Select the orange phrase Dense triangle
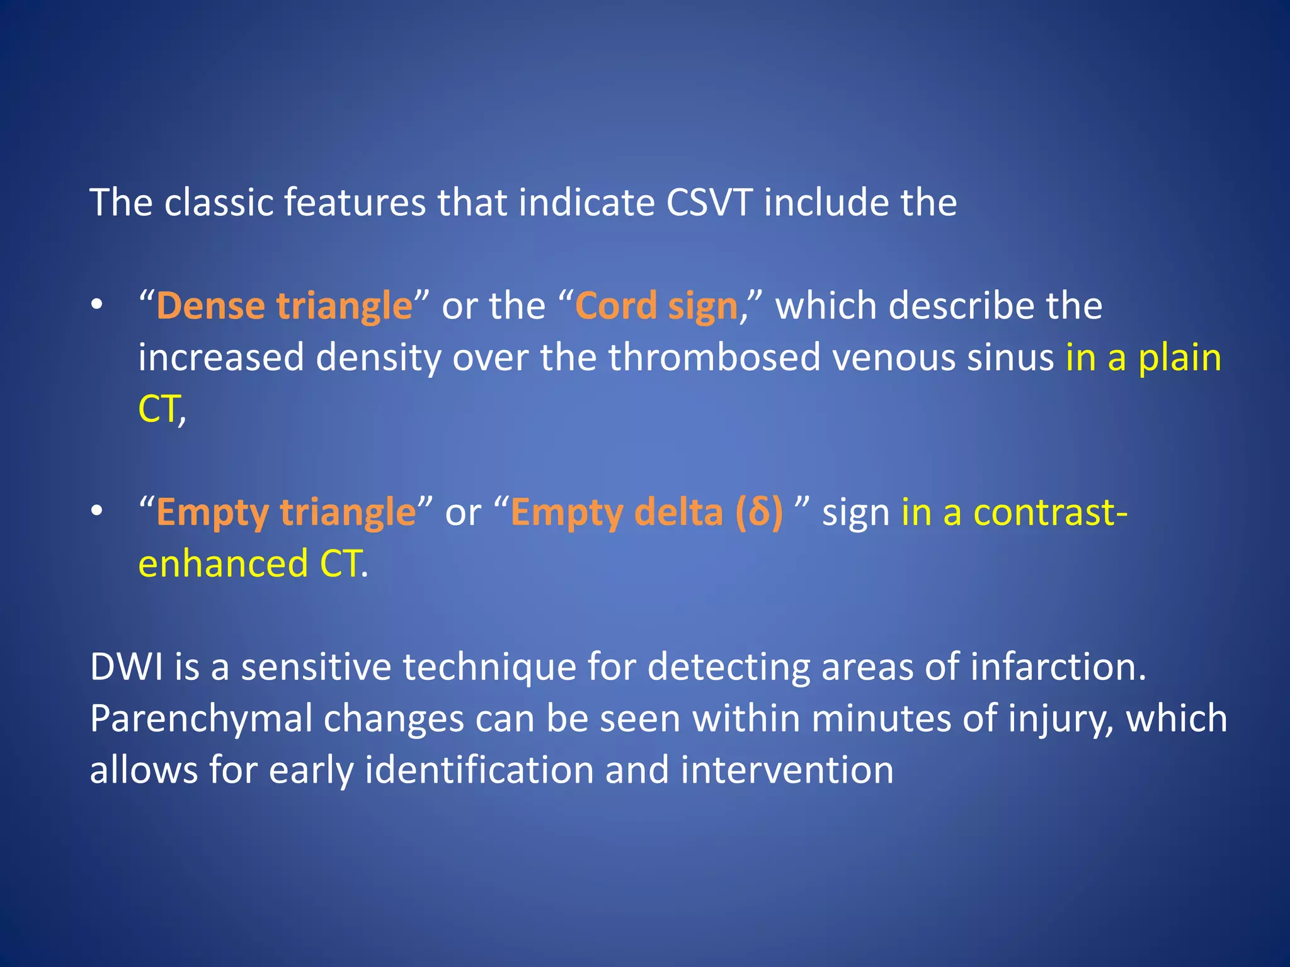pyautogui.click(x=284, y=307)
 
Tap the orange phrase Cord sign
pyautogui.click(x=656, y=307)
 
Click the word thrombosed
pyautogui.click(x=714, y=358)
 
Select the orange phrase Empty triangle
pyautogui.click(x=286, y=512)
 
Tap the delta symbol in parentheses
pyautogui.click(x=759, y=512)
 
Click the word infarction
pyautogui.click(x=1058, y=667)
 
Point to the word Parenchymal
pyautogui.click(x=201, y=719)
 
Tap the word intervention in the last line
pyautogui.click(x=787, y=771)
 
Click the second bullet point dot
pyautogui.click(x=96, y=511)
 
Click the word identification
pyautogui.click(x=479, y=771)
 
